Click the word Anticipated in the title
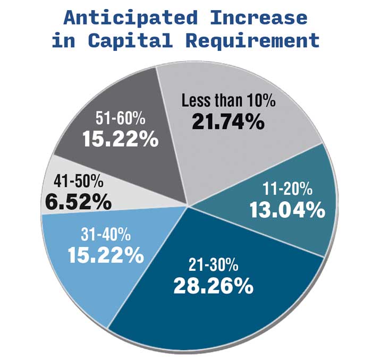click(131, 18)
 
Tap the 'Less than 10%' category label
click(229, 101)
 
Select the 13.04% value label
click(287, 210)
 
